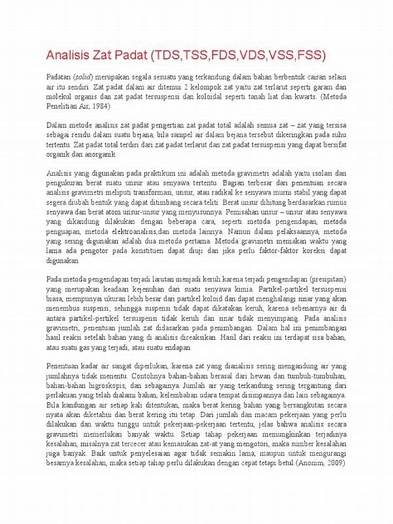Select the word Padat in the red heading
tap(130, 54)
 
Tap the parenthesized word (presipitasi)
tap(325, 279)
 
